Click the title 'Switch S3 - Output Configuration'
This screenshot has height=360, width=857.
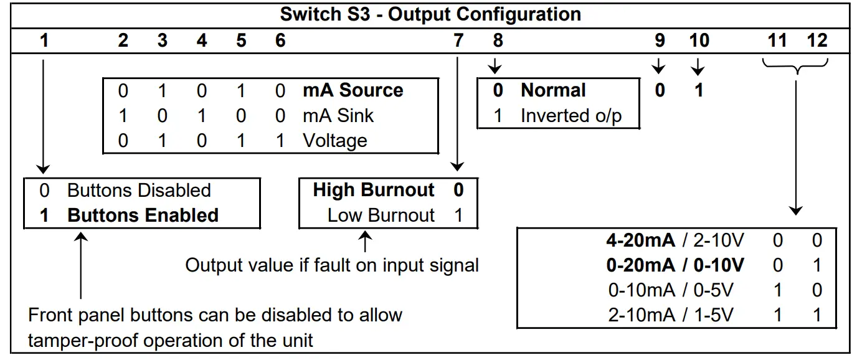pyautogui.click(x=430, y=14)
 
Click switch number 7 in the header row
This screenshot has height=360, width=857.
pyautogui.click(x=458, y=41)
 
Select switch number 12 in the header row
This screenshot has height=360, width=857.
pyautogui.click(x=817, y=41)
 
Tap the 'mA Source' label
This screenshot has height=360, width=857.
pyautogui.click(x=353, y=90)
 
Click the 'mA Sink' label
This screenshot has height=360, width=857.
pyautogui.click(x=338, y=115)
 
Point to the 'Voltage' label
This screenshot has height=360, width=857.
pyautogui.click(x=334, y=140)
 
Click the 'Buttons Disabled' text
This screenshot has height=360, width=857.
pyautogui.click(x=139, y=190)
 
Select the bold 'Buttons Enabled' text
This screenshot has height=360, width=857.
pyautogui.click(x=143, y=215)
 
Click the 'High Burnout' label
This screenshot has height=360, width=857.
pyautogui.click(x=374, y=190)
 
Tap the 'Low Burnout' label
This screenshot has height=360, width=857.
pyautogui.click(x=381, y=215)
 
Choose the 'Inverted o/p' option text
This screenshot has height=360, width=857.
pyautogui.click(x=571, y=115)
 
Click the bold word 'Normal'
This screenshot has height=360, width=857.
pyautogui.click(x=553, y=90)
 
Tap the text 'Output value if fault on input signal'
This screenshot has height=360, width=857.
pyautogui.click(x=332, y=265)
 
